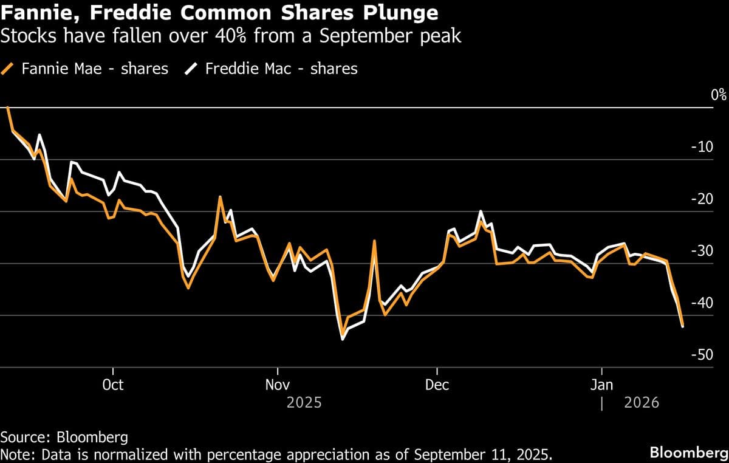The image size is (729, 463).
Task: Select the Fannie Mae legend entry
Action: [x=95, y=69]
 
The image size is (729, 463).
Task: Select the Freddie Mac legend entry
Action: [x=281, y=69]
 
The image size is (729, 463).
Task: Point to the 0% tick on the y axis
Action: [x=719, y=95]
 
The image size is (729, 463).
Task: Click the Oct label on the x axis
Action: [x=113, y=385]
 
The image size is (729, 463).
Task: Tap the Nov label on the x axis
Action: [x=278, y=385]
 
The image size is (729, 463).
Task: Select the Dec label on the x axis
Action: [x=437, y=385]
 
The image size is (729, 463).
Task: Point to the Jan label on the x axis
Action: [x=601, y=385]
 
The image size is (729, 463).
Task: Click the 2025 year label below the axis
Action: [x=304, y=403]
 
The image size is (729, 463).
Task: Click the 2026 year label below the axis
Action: [x=642, y=403]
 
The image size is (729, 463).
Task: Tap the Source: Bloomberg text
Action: [x=64, y=437]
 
